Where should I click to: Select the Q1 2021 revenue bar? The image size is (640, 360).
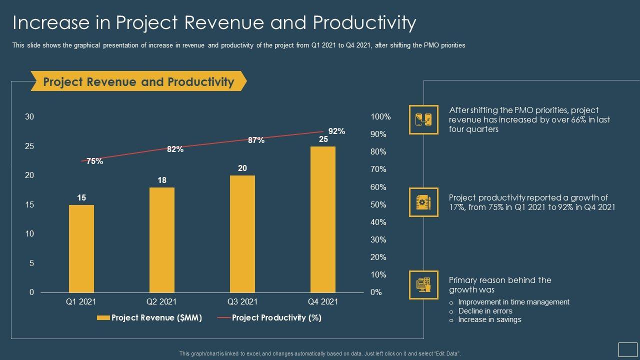pos(81,248)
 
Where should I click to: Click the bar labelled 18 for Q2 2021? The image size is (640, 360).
pos(162,240)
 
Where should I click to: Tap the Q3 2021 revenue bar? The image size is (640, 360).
pos(242,234)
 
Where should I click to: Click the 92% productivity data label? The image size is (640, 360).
pos(336,131)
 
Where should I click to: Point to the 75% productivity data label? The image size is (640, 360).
pos(94,161)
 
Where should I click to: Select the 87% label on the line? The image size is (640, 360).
pos(256,140)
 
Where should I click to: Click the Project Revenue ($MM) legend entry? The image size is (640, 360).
pos(149,317)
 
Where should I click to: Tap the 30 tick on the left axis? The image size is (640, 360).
pos(29,117)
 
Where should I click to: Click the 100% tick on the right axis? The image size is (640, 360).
pos(380,117)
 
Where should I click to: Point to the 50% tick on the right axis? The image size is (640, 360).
pos(378,205)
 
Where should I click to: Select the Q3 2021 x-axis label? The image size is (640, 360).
pos(242,301)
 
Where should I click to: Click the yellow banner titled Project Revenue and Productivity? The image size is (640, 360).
pos(138,81)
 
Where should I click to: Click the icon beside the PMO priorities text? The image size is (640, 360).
pos(423,119)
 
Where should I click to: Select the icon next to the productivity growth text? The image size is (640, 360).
pos(423,202)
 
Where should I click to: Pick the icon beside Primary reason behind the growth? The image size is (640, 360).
pos(423,285)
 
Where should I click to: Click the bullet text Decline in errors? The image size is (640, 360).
pos(485,311)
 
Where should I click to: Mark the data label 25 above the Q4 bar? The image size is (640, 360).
pos(323,139)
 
